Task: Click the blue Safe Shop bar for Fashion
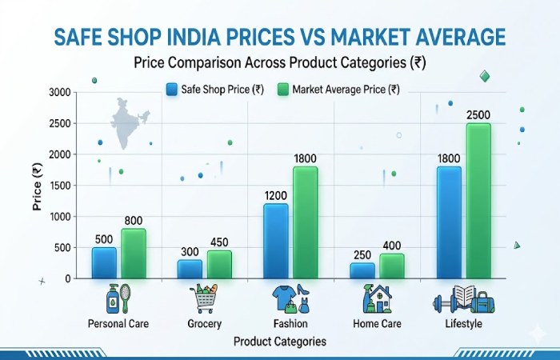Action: [x=276, y=241]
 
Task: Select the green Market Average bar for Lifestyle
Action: [x=478, y=200]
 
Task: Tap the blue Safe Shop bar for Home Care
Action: [x=362, y=270]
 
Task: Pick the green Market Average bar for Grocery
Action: [x=219, y=264]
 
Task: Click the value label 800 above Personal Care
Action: [x=134, y=222]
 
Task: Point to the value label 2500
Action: [x=478, y=116]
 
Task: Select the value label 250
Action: [x=362, y=255]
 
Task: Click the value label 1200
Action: [x=276, y=196]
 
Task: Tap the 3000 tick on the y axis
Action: [x=60, y=93]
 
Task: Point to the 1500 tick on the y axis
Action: [x=60, y=186]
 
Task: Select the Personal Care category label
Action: [x=118, y=324]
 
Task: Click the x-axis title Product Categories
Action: [x=280, y=341]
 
